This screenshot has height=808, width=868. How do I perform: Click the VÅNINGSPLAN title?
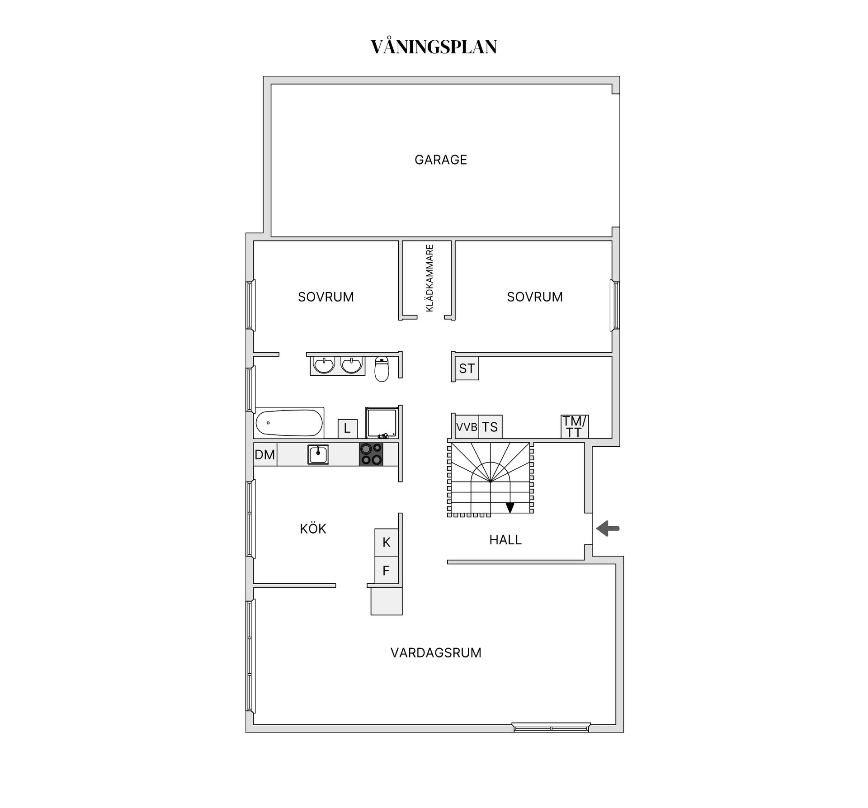pyautogui.click(x=434, y=47)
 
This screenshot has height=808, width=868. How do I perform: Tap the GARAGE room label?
pyautogui.click(x=440, y=160)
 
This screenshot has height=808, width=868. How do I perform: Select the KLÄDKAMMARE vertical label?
pyautogui.click(x=429, y=278)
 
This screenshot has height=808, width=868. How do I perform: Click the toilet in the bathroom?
pyautogui.click(x=382, y=369)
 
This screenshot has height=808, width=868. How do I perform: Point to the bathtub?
pyautogui.click(x=289, y=423)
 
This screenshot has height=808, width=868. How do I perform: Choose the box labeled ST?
pyautogui.click(x=467, y=369)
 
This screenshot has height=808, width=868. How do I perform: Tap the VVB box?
pyautogui.click(x=467, y=427)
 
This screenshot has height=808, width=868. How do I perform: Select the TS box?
pyautogui.click(x=490, y=427)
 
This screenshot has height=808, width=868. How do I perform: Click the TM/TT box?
pyautogui.click(x=574, y=427)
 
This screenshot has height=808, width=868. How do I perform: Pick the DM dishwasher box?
pyautogui.click(x=265, y=454)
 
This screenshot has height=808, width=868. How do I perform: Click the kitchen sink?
pyautogui.click(x=318, y=454)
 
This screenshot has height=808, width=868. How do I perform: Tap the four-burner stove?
pyautogui.click(x=371, y=454)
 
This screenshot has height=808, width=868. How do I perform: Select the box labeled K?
pyautogui.click(x=386, y=542)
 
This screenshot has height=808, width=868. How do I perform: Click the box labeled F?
pyautogui.click(x=386, y=571)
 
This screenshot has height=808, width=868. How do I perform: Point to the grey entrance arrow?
pyautogui.click(x=608, y=528)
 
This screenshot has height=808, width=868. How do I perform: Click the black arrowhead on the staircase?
pyautogui.click(x=510, y=508)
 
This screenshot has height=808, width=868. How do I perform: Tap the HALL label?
pyautogui.click(x=505, y=539)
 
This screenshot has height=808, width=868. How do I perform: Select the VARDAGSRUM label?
pyautogui.click(x=436, y=652)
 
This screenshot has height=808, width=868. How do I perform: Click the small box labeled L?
pyautogui.click(x=347, y=429)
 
